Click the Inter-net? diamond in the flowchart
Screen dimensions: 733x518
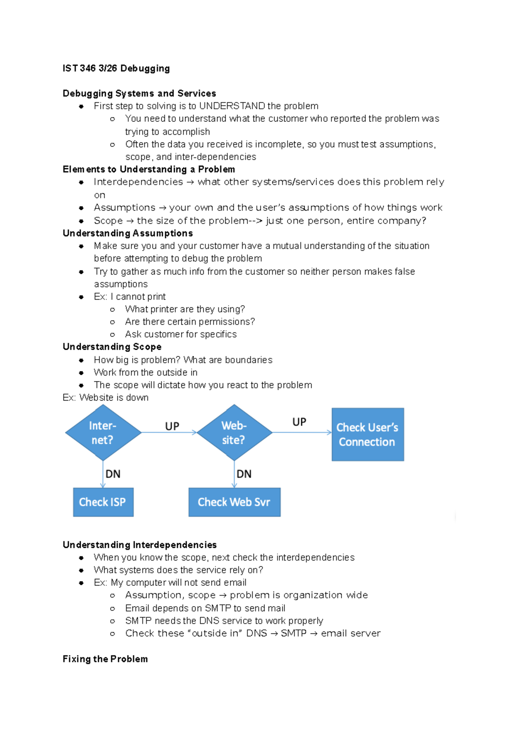(103, 433)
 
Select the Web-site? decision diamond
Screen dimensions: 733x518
(234, 433)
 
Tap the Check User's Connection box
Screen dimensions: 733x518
(367, 434)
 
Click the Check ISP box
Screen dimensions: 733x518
(103, 502)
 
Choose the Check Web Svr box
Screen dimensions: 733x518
(234, 502)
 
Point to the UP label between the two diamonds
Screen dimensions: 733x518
(172, 427)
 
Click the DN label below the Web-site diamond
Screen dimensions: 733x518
(244, 474)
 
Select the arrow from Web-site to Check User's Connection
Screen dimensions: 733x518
(302, 432)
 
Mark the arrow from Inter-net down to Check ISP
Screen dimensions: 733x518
(103, 474)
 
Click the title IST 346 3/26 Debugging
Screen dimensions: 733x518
(116, 68)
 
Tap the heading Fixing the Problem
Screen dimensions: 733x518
(105, 659)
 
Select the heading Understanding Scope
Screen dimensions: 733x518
(112, 347)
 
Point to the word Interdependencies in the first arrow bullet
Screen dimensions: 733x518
(138, 182)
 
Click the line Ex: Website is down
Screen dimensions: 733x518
(106, 398)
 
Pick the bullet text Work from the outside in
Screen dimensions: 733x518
(145, 373)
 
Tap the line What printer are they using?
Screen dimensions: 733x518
(185, 309)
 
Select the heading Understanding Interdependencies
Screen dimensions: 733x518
(139, 545)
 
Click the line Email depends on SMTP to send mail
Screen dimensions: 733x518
(205, 608)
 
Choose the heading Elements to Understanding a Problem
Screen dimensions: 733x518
(149, 169)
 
